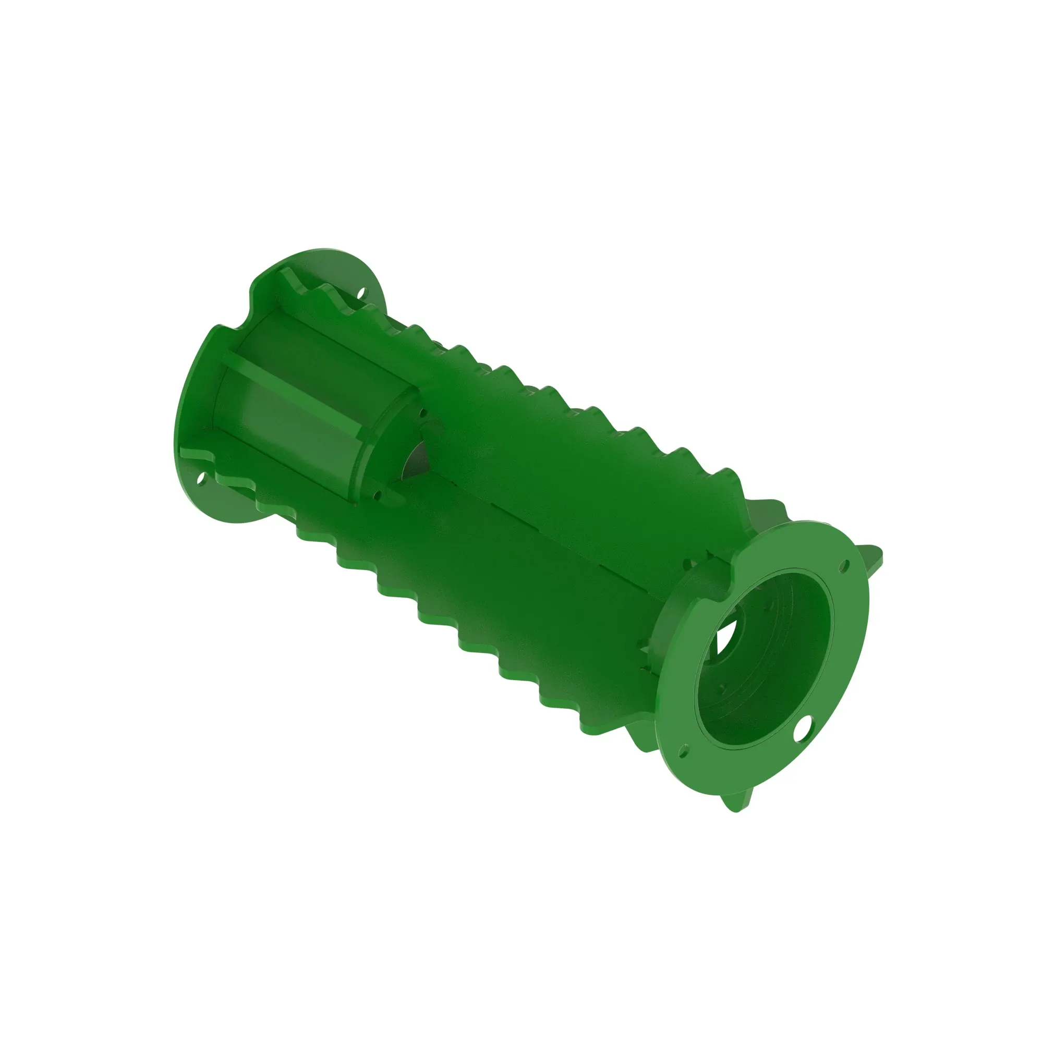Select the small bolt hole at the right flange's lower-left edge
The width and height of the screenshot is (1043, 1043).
click(685, 751)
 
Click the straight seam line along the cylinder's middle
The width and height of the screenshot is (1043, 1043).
click(567, 540)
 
